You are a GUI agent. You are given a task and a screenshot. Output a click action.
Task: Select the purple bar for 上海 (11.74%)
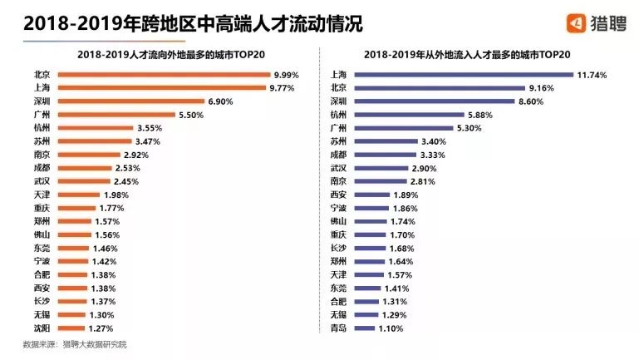coord(463,75)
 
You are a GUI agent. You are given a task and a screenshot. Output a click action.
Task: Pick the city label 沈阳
coord(42,328)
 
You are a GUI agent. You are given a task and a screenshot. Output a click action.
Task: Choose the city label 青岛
coord(338,328)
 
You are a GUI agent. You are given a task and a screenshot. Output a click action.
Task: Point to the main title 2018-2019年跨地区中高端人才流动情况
coord(193,23)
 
